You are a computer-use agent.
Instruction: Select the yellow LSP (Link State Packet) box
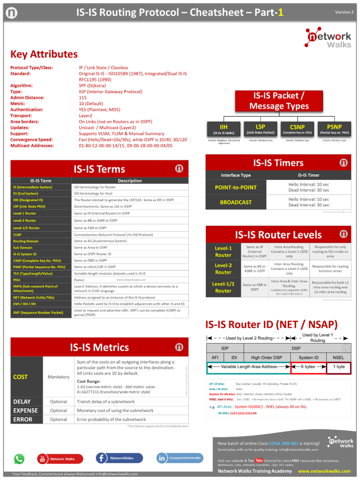[x=261, y=129]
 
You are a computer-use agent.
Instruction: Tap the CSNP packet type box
[x=297, y=129]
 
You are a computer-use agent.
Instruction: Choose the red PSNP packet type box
[x=334, y=129]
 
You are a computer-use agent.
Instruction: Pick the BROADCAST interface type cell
[x=236, y=202]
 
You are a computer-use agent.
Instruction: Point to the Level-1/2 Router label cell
[x=223, y=287]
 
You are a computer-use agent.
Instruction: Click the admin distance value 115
[x=82, y=97]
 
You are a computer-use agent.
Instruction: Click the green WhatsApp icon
[x=19, y=458]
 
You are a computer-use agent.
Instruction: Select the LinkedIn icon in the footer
[x=162, y=458]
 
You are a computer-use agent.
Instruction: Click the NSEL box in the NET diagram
[x=338, y=358]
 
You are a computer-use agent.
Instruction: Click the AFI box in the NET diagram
[x=215, y=358]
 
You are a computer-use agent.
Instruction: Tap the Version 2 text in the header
[x=344, y=12]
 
